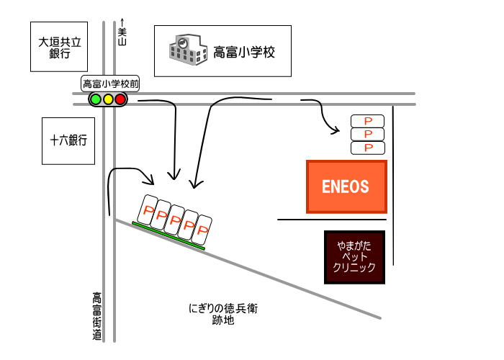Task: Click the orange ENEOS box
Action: pos(347,186)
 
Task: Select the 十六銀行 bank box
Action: pos(68,141)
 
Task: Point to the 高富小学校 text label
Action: pos(244,52)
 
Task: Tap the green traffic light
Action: pos(95,99)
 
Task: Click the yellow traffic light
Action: pos(108,99)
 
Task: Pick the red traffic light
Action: pos(120,99)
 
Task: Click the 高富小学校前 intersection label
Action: pos(110,84)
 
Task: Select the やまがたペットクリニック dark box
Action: pos(355,257)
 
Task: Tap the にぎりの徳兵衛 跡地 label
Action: pos(222,315)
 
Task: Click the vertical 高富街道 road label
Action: pos(96,315)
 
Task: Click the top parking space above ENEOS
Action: pos(367,120)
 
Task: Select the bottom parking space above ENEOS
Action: pos(367,148)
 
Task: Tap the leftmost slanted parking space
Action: pos(149,210)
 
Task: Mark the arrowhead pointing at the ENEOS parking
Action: pos(336,130)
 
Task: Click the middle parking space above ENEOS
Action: pos(367,134)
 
